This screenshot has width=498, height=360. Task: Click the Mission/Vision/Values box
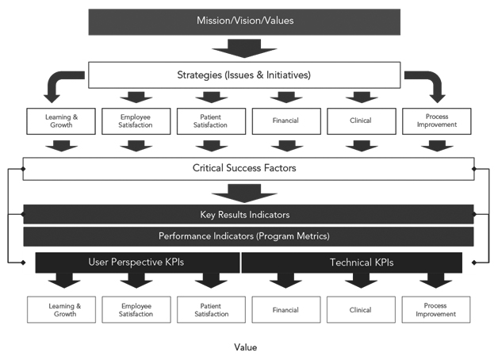243,21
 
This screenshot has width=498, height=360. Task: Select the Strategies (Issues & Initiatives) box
243,76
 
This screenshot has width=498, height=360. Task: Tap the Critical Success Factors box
248,168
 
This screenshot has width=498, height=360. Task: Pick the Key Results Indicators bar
248,214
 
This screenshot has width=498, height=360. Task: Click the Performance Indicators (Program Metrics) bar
248,236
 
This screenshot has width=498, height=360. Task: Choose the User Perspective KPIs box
137,262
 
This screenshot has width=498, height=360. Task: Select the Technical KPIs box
351,262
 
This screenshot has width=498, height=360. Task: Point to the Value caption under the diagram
246,347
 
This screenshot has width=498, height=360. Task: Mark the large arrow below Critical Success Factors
248,191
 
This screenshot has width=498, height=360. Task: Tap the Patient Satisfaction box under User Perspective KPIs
210,309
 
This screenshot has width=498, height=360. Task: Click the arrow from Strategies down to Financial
283,98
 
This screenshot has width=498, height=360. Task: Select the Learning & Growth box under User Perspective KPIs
60,309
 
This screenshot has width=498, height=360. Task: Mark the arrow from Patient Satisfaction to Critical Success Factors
210,145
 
